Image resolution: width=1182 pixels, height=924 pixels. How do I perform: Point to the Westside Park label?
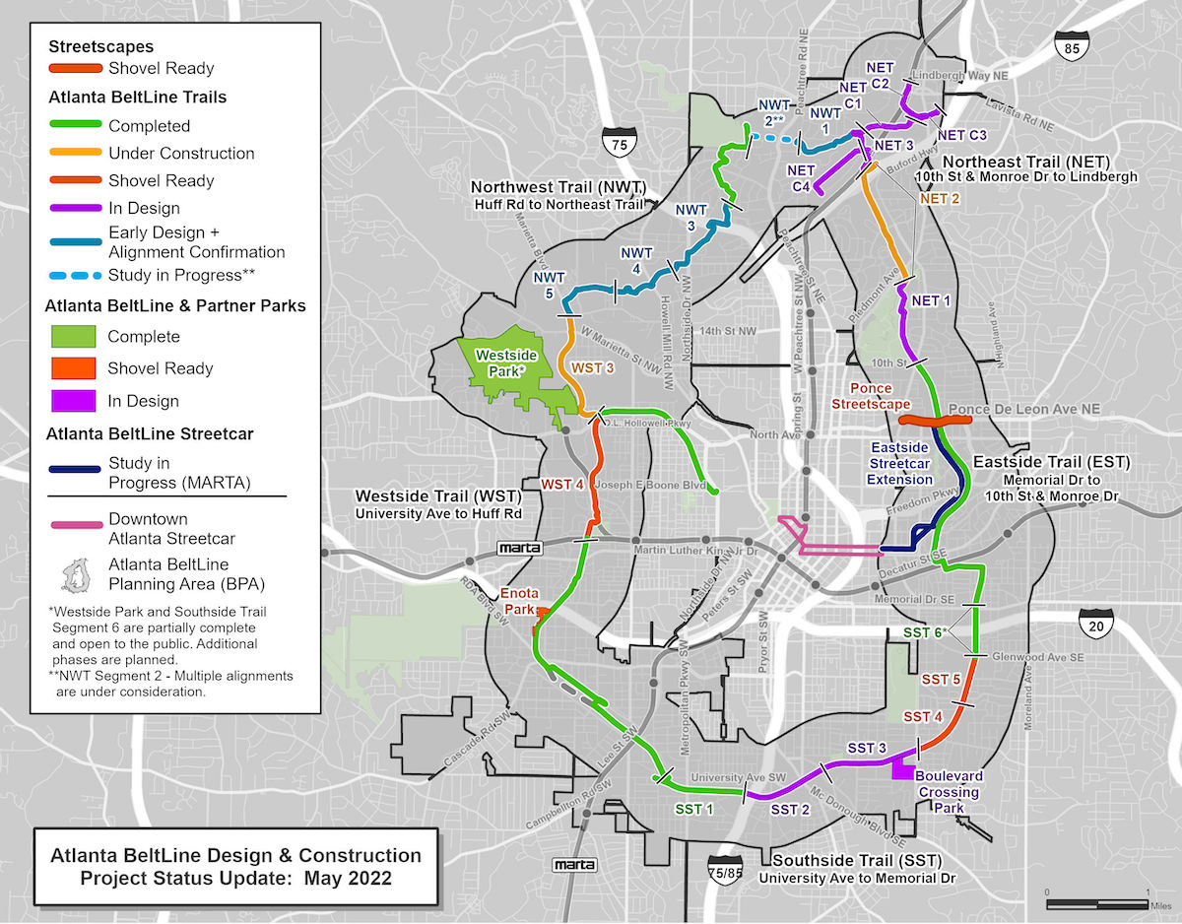click(x=501, y=363)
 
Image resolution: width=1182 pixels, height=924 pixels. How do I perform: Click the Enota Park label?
click(x=517, y=601)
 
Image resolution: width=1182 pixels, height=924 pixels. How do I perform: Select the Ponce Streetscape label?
click(x=870, y=396)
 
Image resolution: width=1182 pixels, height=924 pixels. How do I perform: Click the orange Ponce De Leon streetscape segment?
click(x=936, y=420)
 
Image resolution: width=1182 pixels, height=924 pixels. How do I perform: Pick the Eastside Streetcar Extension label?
click(x=899, y=463)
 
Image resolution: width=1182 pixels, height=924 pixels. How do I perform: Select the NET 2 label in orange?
click(x=939, y=198)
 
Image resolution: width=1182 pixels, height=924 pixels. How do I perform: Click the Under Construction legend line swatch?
click(x=75, y=153)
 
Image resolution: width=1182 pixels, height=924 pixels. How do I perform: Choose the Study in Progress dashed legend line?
click(x=75, y=275)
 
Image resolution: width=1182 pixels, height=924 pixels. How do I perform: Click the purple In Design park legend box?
click(x=75, y=401)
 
